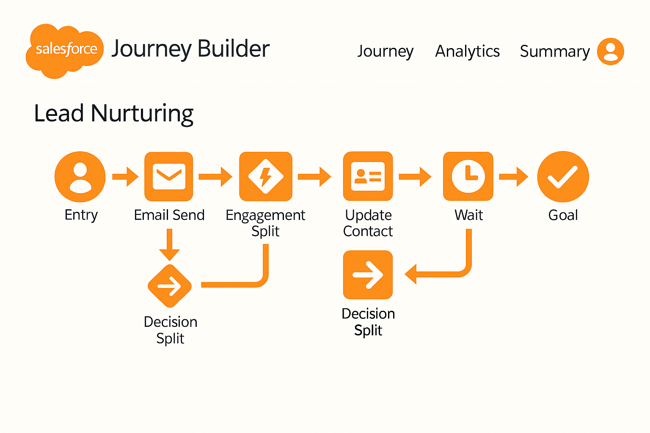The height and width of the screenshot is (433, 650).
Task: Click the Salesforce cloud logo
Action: tap(65, 50)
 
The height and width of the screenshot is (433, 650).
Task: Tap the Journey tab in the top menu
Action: tap(385, 51)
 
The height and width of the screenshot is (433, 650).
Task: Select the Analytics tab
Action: tap(467, 51)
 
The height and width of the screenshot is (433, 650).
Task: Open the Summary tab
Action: tap(554, 51)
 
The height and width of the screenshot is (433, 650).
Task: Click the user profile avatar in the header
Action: tap(610, 51)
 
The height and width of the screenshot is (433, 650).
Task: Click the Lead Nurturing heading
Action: tap(113, 113)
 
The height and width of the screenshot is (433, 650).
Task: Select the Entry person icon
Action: tap(80, 176)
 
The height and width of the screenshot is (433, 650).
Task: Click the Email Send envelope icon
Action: tap(169, 176)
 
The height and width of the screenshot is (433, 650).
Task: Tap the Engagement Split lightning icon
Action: tap(265, 176)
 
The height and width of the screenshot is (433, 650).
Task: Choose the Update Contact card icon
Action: tap(368, 176)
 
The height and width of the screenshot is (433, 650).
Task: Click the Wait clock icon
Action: tap(468, 176)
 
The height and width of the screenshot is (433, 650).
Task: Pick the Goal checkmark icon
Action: tap(563, 176)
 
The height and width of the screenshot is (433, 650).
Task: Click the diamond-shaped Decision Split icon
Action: tap(170, 286)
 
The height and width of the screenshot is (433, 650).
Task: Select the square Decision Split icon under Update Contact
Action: tap(368, 275)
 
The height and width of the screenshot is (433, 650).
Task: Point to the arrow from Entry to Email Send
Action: tap(125, 176)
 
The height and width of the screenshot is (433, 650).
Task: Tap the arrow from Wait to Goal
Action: tap(514, 176)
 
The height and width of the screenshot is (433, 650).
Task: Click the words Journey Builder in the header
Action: tap(190, 49)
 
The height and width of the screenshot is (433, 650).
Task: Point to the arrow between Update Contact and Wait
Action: tap(415, 176)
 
